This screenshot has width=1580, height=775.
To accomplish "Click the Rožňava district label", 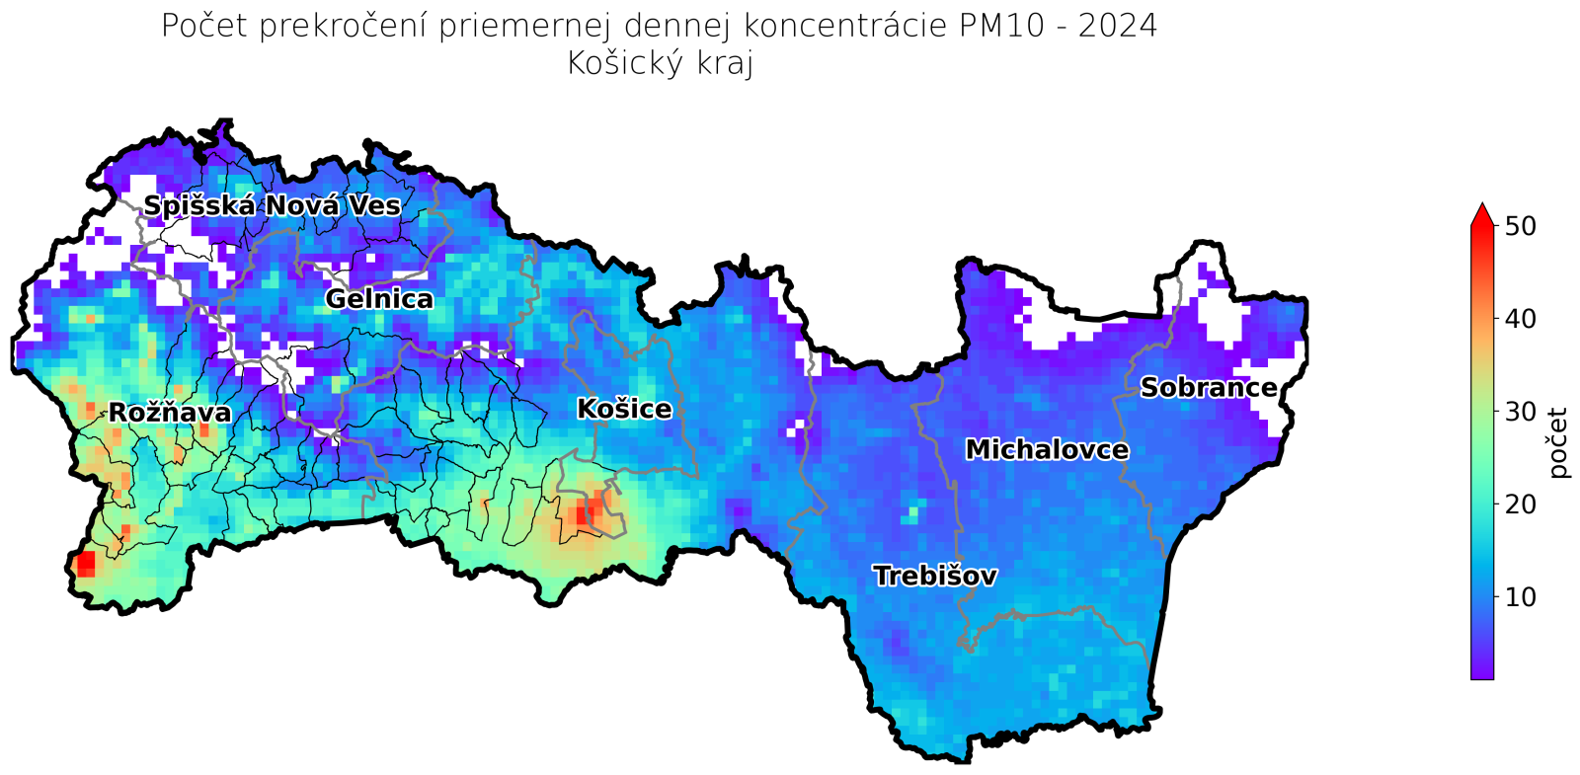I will (x=170, y=413).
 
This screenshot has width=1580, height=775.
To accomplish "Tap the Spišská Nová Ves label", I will (x=272, y=205).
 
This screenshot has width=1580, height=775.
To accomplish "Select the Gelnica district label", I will (x=378, y=299).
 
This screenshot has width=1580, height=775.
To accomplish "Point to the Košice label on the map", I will (x=624, y=409).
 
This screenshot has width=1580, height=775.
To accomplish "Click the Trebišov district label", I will (x=934, y=576).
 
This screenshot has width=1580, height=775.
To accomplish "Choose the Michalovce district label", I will (x=1047, y=450).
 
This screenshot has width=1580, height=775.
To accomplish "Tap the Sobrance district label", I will (x=1209, y=387).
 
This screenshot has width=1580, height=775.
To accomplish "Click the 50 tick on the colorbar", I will (x=1522, y=226).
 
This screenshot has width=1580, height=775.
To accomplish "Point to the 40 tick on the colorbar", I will (x=1522, y=319).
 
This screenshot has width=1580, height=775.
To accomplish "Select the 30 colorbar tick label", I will (x=1522, y=412).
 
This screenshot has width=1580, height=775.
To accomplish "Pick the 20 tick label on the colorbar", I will (x=1522, y=504).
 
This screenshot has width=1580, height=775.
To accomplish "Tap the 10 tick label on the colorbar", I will (x=1522, y=597).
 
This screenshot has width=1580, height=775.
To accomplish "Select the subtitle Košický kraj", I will (x=660, y=63).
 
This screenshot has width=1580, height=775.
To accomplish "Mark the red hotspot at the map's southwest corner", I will (x=85, y=564).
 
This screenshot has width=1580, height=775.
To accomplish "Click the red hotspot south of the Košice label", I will (x=590, y=510).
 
